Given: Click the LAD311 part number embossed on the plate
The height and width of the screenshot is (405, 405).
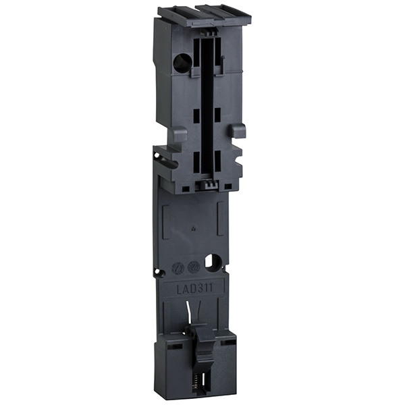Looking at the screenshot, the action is [x=194, y=288].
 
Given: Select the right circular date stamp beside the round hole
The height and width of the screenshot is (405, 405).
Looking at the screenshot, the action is [x=193, y=267].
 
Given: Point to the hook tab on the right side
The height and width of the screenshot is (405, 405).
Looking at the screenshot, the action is [x=237, y=131].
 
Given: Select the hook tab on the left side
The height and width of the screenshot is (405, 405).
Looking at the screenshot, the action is [x=180, y=134].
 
